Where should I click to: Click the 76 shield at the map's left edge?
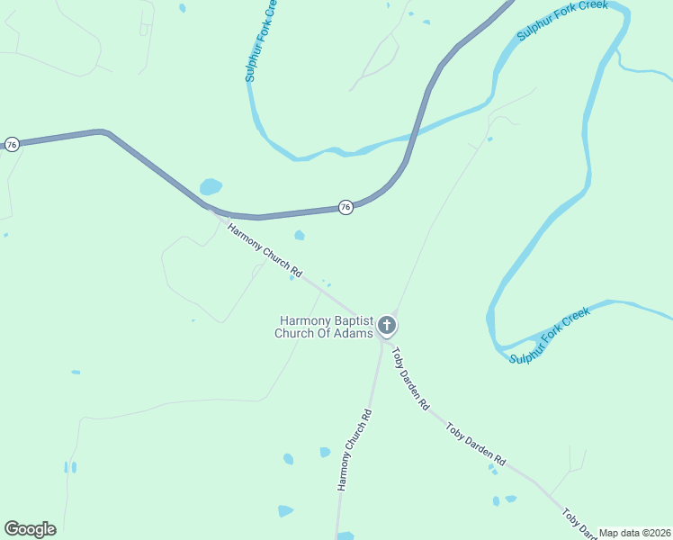[x=12, y=144]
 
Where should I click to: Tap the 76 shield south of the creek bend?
[x=345, y=207]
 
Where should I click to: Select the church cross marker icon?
[x=387, y=325]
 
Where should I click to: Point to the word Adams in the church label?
[x=354, y=334]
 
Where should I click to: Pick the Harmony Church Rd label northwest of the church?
[x=265, y=249]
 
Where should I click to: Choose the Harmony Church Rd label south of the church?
[x=354, y=450]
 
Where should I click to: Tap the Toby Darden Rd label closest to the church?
[x=409, y=377]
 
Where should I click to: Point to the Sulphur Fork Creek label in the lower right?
[x=550, y=336]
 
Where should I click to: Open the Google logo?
[x=30, y=529]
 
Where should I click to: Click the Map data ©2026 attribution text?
[x=634, y=533]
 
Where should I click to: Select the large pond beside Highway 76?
[x=211, y=187]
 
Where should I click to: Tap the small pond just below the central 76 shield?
[x=300, y=236]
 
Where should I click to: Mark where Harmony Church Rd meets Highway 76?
[x=210, y=208]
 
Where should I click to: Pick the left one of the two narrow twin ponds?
[x=66, y=467]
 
